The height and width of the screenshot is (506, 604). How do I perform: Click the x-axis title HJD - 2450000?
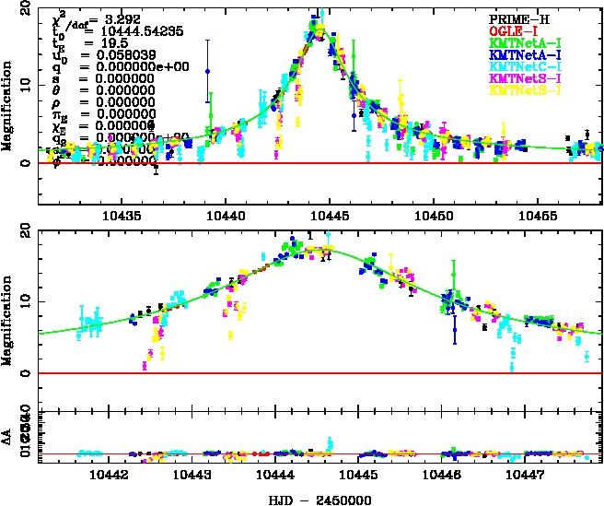[x=316, y=498]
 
